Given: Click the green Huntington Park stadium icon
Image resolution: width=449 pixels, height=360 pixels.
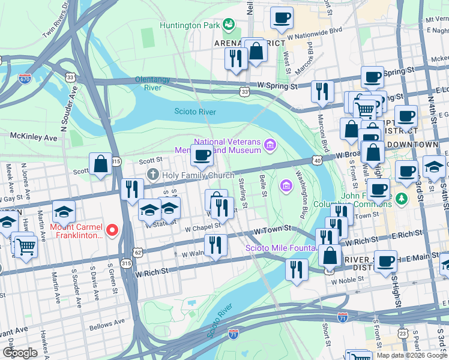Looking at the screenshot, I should point(228,25).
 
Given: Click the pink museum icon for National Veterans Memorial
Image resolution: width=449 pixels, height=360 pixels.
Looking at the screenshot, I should point(270,145).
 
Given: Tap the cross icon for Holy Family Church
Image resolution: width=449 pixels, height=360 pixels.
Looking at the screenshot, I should point(153,175).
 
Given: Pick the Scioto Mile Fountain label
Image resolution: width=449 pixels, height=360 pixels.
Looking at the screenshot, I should point(280,248).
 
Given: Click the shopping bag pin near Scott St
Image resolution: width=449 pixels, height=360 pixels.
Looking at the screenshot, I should point(100,163).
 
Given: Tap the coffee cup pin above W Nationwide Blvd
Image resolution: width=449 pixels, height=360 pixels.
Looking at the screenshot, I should point(281,18).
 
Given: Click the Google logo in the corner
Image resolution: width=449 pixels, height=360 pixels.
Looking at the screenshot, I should point(20,353).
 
